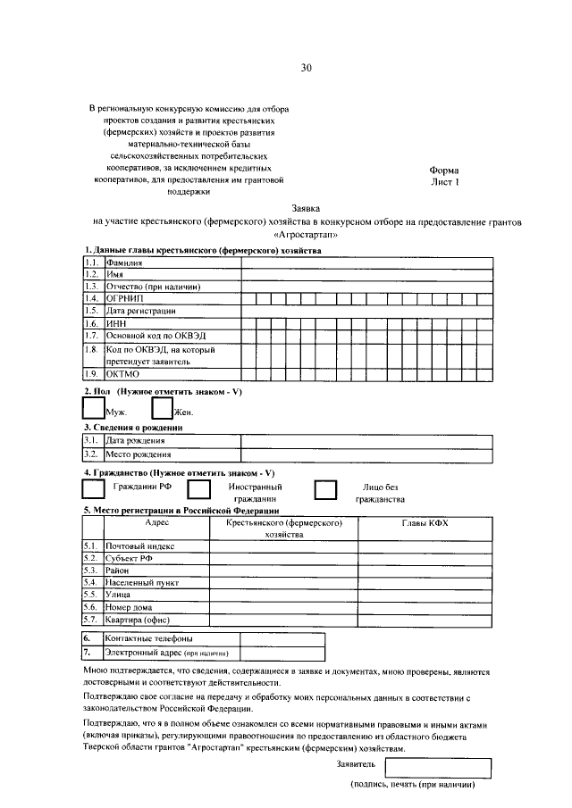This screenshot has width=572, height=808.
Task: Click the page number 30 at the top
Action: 307,68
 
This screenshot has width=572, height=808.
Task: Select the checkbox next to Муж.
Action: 93,407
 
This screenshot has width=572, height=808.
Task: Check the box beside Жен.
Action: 162,407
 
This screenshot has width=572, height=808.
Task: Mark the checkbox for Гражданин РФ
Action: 93,488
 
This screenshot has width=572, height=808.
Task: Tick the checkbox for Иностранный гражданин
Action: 198,489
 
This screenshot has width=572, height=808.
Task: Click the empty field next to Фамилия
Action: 366,263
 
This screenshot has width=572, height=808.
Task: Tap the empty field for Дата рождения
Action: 366,441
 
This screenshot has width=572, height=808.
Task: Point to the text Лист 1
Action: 444,181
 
